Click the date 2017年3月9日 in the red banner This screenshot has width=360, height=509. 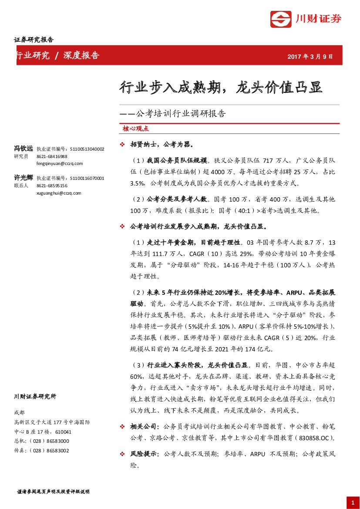[310, 57]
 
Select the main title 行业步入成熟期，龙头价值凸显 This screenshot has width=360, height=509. [221, 87]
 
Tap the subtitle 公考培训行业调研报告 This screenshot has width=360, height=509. [181, 114]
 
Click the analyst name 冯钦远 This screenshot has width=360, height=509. [24, 148]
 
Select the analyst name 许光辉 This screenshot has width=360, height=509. [24, 178]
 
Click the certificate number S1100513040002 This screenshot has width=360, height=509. [87, 149]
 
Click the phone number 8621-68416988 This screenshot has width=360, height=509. [52, 156]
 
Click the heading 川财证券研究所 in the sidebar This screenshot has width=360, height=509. [35, 397]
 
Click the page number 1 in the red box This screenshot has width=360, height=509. [352, 502]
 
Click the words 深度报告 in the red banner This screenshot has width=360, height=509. [81, 55]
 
